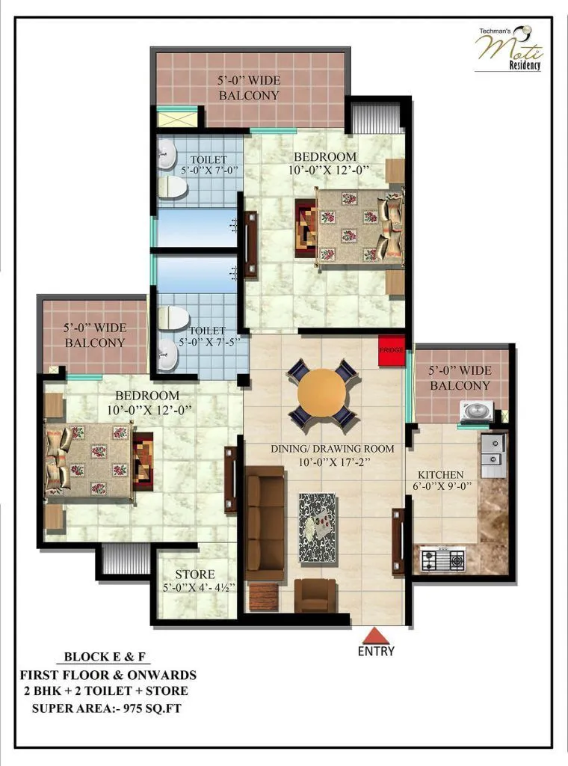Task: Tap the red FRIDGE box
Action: click(x=391, y=351)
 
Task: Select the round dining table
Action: click(x=322, y=393)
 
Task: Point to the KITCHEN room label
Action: click(x=440, y=474)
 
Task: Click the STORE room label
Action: click(x=194, y=574)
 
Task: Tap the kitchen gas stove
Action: click(x=442, y=558)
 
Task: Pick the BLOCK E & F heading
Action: click(x=107, y=658)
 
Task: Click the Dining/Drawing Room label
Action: click(x=332, y=448)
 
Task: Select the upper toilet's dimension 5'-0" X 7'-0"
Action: click(x=209, y=170)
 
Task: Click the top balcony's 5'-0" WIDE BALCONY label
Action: click(x=248, y=88)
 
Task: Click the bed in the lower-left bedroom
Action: click(x=90, y=460)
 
